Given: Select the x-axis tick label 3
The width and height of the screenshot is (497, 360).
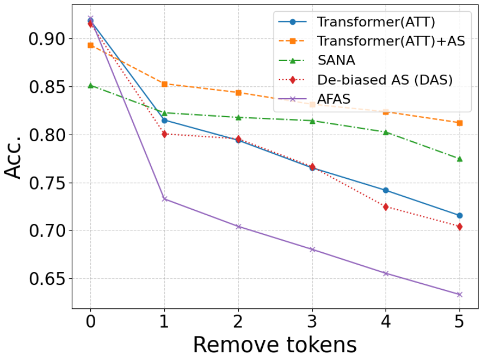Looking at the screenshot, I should click(x=312, y=323).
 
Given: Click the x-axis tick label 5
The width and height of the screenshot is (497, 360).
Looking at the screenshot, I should click(x=459, y=323).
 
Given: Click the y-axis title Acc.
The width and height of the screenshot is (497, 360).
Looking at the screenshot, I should click(x=13, y=159).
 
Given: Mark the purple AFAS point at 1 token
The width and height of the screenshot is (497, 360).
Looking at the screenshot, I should click(x=164, y=199).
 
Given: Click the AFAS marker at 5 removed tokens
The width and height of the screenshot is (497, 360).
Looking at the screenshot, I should click(x=459, y=294).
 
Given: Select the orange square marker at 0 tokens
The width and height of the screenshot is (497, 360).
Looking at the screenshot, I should click(x=90, y=45).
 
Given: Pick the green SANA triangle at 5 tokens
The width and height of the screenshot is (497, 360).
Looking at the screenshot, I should click(x=459, y=159).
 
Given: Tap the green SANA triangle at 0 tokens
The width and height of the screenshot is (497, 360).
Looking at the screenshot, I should click(x=90, y=85).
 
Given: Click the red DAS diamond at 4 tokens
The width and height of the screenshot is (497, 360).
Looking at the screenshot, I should click(x=385, y=207).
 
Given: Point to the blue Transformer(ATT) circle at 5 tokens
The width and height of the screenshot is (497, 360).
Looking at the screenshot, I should click(x=459, y=215).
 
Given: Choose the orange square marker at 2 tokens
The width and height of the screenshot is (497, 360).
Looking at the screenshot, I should click(x=238, y=93).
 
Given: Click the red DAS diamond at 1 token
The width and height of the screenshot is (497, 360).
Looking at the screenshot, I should click(x=164, y=134).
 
